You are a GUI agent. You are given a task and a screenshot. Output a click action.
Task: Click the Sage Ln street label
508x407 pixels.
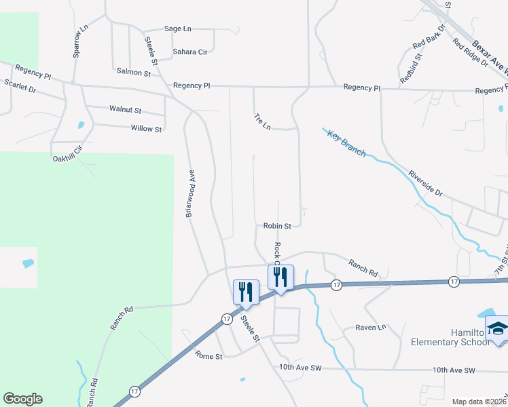(178, 28)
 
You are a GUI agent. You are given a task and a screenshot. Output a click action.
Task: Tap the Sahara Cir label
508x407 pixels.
(189, 51)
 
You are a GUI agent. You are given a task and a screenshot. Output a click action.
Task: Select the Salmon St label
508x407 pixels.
(133, 71)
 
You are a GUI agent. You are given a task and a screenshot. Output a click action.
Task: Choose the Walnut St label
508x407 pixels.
(125, 109)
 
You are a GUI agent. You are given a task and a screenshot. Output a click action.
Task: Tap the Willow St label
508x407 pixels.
(147, 128)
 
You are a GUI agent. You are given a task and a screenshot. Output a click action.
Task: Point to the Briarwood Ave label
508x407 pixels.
(191, 193)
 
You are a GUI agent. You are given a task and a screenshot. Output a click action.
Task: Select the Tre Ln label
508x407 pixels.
(262, 122)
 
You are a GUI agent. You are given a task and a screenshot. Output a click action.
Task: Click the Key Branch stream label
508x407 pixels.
(346, 143)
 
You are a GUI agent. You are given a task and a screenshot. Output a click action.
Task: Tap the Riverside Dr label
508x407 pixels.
(425, 183)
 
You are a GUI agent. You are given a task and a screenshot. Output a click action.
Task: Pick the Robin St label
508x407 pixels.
(277, 226)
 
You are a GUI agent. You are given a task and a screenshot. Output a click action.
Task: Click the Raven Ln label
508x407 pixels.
(371, 327)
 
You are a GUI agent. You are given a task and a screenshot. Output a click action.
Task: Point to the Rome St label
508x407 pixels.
(208, 355)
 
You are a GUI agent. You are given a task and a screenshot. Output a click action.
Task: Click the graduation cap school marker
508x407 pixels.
(498, 329)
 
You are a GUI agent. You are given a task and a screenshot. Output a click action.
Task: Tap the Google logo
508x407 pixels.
(22, 399)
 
